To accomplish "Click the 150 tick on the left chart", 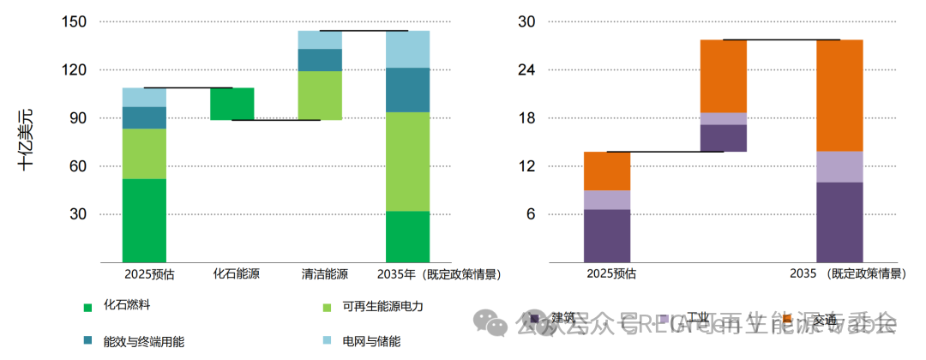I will point(75,21).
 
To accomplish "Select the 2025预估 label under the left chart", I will point(144,274).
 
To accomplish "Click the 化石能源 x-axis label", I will point(232,274).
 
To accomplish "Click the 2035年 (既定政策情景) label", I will point(438,274).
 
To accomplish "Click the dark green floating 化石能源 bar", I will point(232,104).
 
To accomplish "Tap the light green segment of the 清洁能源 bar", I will point(320,95).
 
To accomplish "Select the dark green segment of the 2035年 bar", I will point(407,236).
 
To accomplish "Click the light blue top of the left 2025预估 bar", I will point(144,97).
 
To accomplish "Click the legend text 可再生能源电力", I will point(382,306).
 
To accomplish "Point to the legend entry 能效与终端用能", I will point(143,341).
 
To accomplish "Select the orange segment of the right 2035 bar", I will point(839,95).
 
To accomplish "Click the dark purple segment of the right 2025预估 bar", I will point(607,235).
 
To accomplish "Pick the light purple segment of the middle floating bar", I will point(723,118).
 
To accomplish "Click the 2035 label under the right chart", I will point(803,274).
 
